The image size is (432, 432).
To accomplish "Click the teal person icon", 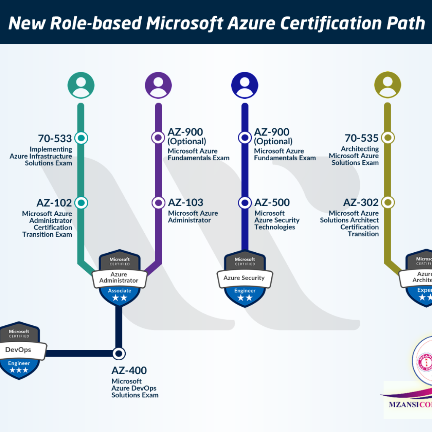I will pos(81,85).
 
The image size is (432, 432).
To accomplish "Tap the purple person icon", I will pos(158,85).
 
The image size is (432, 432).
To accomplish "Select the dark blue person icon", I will pos(245,85).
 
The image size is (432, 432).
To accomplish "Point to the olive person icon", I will pos(388,85).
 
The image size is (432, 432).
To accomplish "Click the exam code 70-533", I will pos(55,138).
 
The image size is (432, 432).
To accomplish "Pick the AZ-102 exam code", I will pos(54,203).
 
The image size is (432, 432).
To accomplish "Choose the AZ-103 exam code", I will pos(186,203).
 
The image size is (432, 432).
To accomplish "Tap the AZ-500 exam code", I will pos(272,203).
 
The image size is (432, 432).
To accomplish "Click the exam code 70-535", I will pos(362,138).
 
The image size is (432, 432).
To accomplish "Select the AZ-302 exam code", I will pos(361,203).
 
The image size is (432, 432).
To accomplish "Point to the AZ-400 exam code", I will pos(129,371).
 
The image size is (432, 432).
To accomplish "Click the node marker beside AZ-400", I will pos(119,353).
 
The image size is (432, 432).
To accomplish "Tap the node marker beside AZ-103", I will pos(158,203).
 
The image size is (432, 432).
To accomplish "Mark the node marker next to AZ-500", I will pos(245,203).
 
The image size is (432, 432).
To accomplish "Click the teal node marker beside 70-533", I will pos(81,138).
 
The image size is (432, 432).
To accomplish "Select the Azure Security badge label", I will pos(244,278).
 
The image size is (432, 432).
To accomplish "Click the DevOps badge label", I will pos(18,350).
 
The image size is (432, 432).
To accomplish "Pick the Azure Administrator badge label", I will pos(119,278).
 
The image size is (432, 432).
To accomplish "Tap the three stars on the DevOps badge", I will pos(19,370).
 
